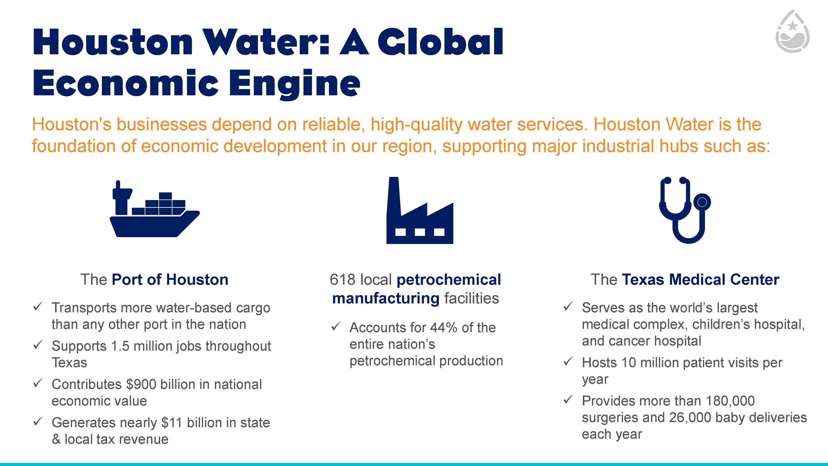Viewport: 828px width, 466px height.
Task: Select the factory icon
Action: click(x=420, y=210)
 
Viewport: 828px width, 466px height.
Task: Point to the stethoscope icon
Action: click(x=685, y=210)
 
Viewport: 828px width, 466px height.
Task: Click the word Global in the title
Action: click(x=440, y=42)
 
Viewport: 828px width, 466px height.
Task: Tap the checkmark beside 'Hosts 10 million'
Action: click(x=568, y=361)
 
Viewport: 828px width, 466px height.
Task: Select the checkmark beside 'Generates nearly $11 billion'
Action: click(x=38, y=421)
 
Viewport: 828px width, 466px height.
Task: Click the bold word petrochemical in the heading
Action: click(x=449, y=280)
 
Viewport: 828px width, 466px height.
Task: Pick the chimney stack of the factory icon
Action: click(x=394, y=196)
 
